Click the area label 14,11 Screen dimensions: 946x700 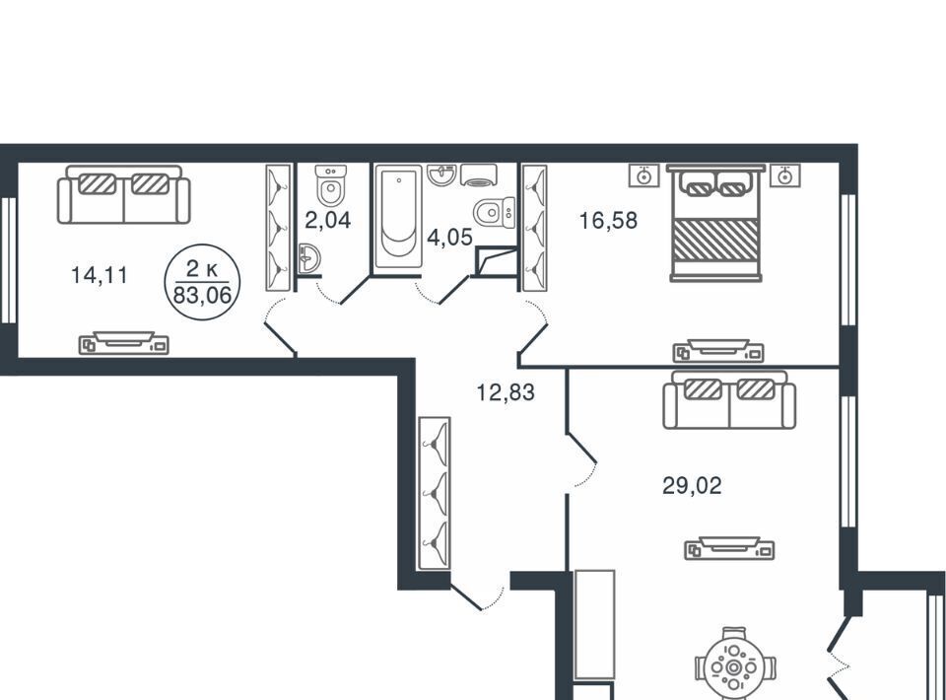(100, 275)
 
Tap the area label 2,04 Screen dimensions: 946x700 (327, 220)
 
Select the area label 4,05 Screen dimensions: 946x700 (449, 238)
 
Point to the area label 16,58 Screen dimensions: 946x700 (608, 220)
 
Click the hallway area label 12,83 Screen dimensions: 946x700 (506, 392)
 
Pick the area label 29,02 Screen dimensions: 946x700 (692, 485)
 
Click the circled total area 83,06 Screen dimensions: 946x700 (202, 295)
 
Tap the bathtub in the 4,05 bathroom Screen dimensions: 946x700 (397, 217)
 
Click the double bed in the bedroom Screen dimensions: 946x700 (715, 223)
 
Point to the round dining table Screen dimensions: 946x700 (733, 666)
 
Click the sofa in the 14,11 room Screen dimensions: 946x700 (124, 194)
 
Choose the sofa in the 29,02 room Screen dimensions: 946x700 (729, 399)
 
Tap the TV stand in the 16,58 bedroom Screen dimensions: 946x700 (718, 351)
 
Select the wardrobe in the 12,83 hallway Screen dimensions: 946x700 (435, 493)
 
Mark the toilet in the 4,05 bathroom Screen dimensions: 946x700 (494, 212)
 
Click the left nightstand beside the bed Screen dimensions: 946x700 (644, 175)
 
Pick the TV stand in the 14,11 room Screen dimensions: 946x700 (124, 343)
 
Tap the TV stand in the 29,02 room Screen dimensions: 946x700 (729, 548)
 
